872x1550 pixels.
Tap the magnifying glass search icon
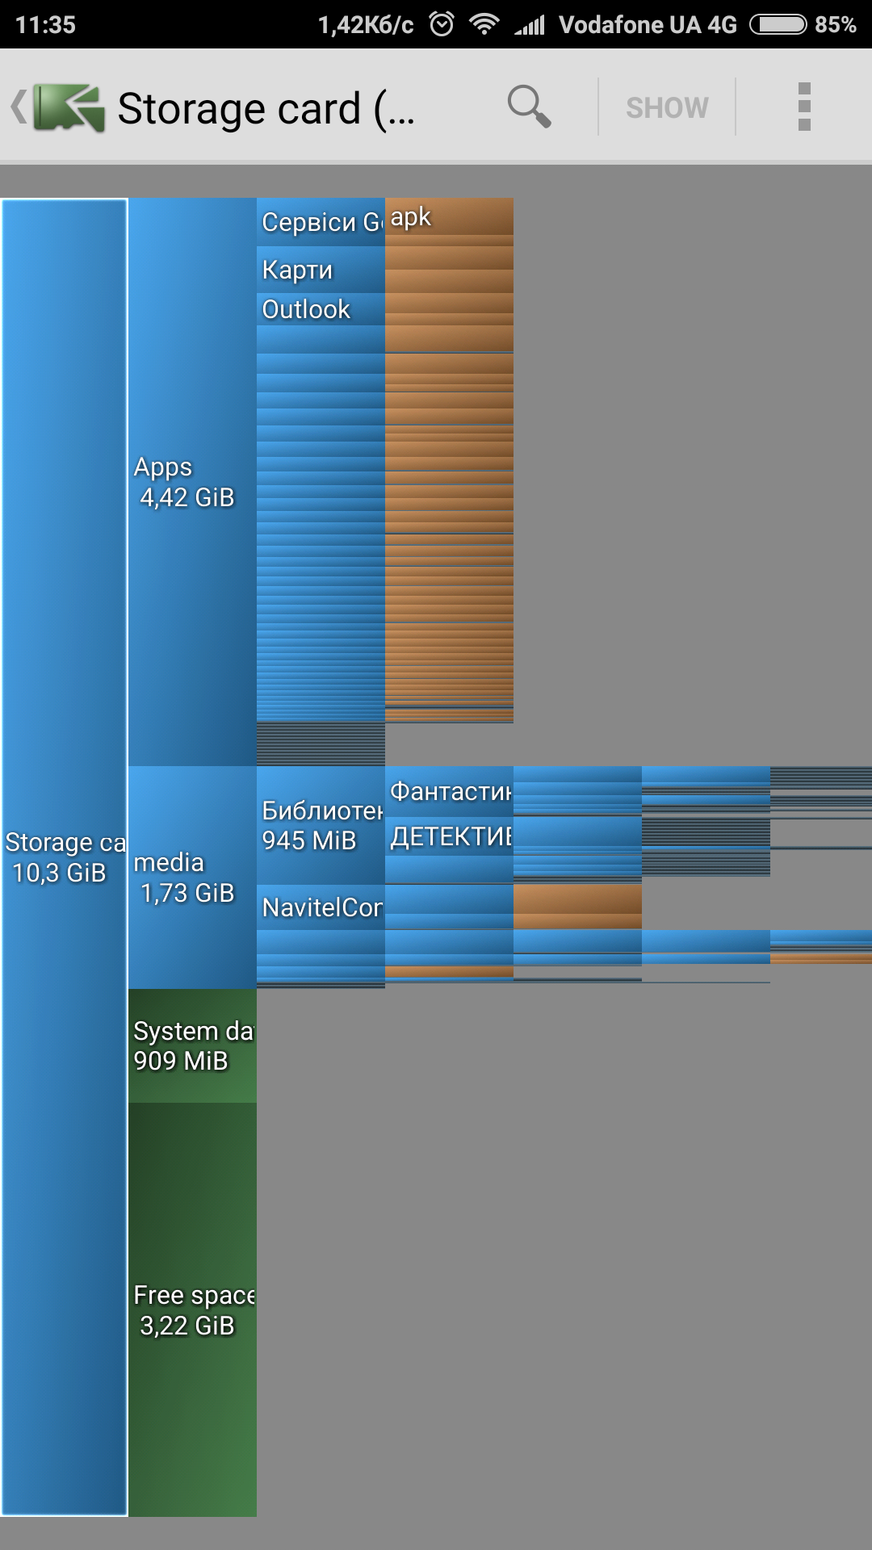pos(529,106)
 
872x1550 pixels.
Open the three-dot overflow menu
pos(803,107)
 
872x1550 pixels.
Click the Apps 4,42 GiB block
pos(191,482)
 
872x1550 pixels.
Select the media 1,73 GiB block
pos(191,878)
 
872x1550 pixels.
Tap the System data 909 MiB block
pos(191,1045)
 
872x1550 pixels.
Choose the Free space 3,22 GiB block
pos(191,1309)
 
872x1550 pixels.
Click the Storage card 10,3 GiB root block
pos(64,857)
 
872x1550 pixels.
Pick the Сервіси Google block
pos(321,221)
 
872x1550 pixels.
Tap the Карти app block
pos(321,270)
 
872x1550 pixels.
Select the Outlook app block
pos(321,309)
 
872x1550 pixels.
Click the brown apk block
pos(449,217)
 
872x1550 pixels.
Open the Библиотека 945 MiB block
pos(321,825)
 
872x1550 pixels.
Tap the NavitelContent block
pos(321,907)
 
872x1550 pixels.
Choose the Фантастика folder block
pos(449,791)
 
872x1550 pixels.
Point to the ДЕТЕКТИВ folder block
pos(449,836)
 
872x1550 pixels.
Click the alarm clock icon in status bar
pos(442,24)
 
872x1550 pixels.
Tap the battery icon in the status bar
pos(778,24)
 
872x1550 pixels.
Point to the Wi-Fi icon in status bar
pos(484,24)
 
